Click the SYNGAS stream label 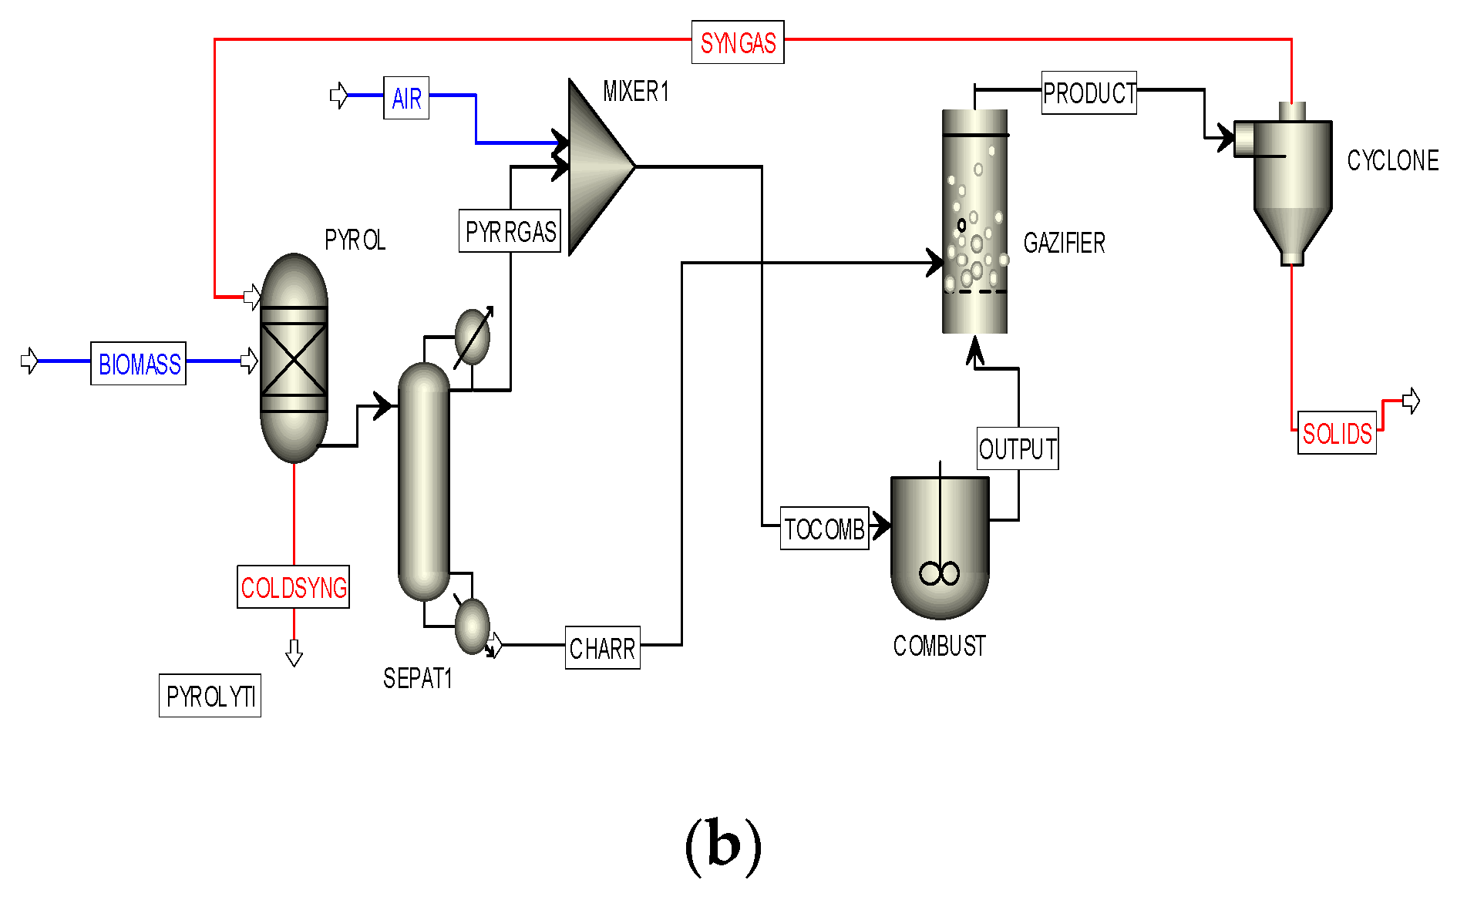(x=738, y=42)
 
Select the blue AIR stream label (x=406, y=98)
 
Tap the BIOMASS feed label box (x=139, y=363)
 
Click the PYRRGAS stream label (x=510, y=230)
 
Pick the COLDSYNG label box (x=293, y=587)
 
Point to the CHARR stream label (x=602, y=648)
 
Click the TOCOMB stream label (x=824, y=529)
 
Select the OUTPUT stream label (x=1018, y=448)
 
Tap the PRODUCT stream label (x=1089, y=93)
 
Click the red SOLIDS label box (x=1337, y=433)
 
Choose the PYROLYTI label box (x=210, y=696)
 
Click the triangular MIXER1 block (x=597, y=166)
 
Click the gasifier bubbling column (x=975, y=223)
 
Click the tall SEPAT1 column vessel (x=424, y=482)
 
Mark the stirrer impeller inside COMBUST (x=940, y=573)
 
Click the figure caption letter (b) (x=723, y=845)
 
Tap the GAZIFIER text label (x=1064, y=243)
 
